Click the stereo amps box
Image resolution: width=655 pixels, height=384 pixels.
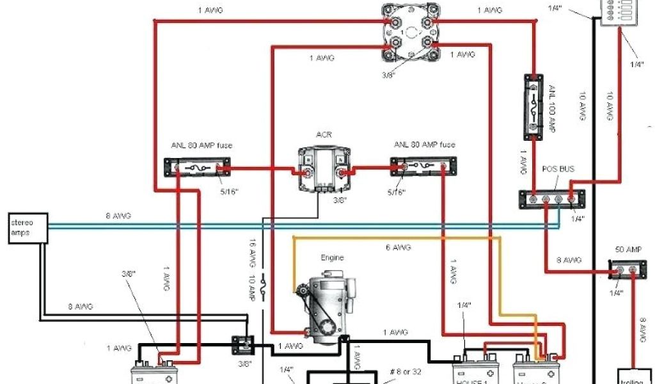click(x=28, y=228)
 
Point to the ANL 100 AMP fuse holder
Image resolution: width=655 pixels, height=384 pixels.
click(x=535, y=106)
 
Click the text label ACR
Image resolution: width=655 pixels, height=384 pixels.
click(x=324, y=134)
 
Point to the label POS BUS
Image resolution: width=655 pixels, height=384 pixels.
click(x=558, y=169)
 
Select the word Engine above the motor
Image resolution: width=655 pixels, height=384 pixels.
click(x=332, y=258)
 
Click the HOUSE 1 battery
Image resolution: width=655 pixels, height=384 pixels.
click(x=475, y=371)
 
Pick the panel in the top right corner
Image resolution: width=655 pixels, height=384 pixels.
click(x=619, y=13)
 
